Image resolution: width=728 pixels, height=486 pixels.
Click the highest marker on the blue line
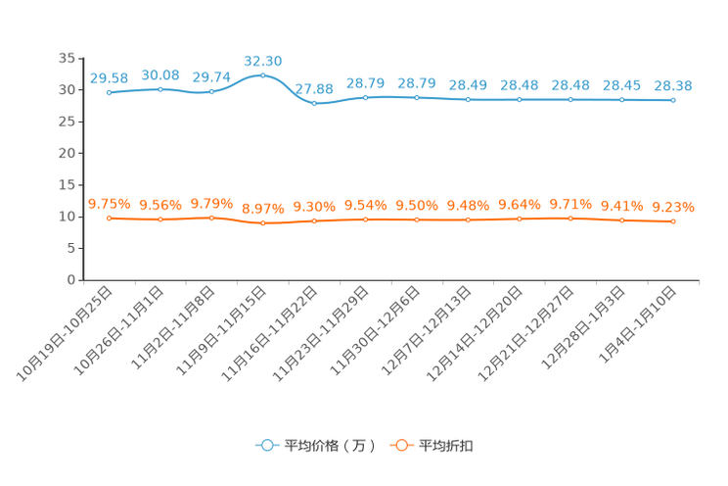tap(262, 74)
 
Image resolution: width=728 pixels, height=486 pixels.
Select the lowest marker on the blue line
tap(313, 102)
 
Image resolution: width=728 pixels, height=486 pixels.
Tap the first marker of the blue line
tap(109, 92)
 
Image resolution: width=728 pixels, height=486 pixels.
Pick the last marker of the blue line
tap(673, 99)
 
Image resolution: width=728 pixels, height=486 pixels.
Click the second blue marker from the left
tap(160, 89)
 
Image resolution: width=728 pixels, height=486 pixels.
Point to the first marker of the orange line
tap(109, 218)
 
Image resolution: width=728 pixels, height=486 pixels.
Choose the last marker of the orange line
tap(673, 221)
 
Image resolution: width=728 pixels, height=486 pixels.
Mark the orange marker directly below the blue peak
tap(262, 223)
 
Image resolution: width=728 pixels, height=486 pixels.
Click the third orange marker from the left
tap(211, 218)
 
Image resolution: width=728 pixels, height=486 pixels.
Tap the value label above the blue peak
tap(262, 61)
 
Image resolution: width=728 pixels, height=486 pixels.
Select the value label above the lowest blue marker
tap(314, 89)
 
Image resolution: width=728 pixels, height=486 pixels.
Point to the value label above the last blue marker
tap(673, 85)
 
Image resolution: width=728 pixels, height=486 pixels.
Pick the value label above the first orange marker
tap(109, 204)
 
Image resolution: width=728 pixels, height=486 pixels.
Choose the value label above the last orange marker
tap(673, 207)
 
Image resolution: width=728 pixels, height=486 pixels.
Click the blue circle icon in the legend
tap(265, 445)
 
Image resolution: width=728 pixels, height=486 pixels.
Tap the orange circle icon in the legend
tap(399, 445)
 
